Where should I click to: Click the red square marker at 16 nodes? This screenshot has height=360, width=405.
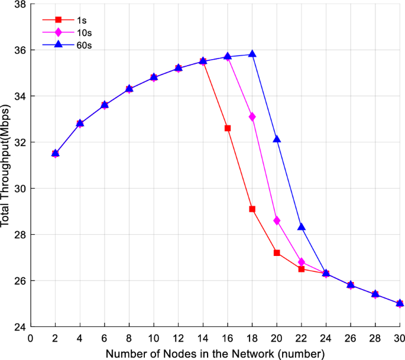(x=228, y=128)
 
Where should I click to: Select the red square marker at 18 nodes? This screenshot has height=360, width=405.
(x=252, y=209)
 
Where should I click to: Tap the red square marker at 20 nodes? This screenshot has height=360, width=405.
(x=277, y=252)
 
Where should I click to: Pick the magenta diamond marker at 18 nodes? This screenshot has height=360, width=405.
(x=252, y=117)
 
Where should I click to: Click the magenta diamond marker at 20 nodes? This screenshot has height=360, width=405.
(x=277, y=220)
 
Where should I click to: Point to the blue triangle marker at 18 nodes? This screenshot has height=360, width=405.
(x=252, y=54)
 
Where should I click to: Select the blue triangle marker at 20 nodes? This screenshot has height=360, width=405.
(x=277, y=139)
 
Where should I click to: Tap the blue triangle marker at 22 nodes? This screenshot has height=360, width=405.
(x=302, y=226)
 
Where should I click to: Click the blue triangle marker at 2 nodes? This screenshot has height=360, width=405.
(x=55, y=153)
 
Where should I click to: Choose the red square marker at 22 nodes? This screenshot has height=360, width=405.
(x=302, y=269)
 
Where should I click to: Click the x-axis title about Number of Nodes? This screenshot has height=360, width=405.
(x=215, y=353)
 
